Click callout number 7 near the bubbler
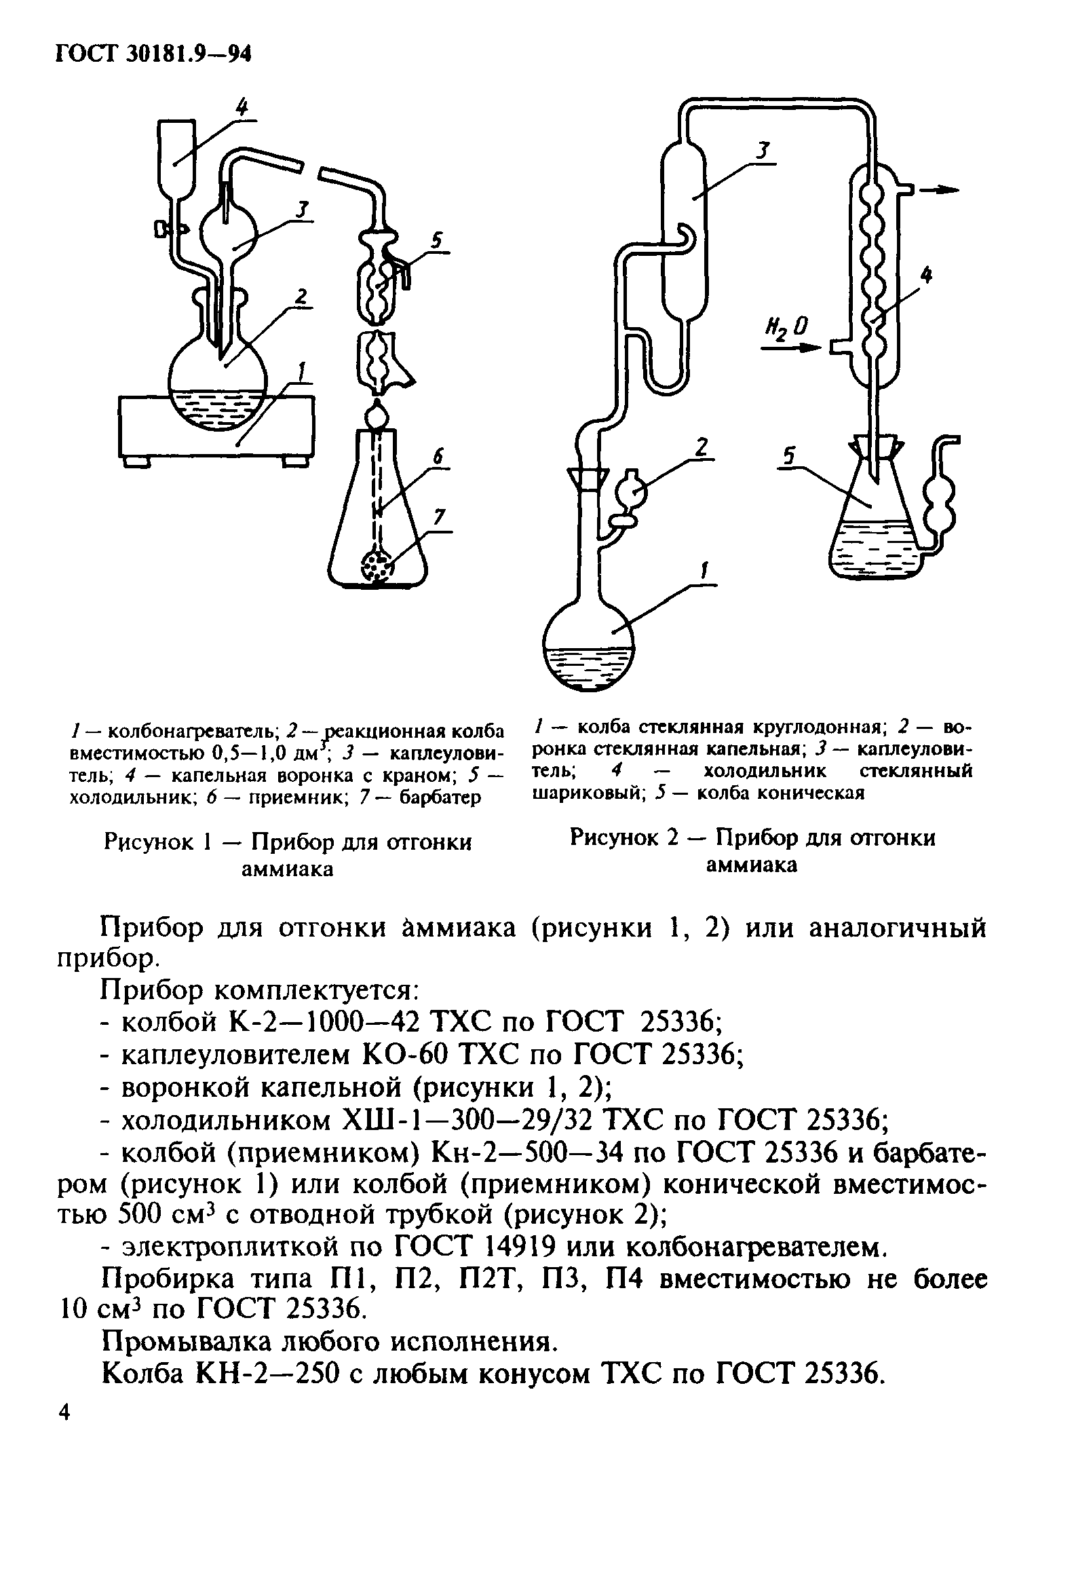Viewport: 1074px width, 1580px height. pos(439,518)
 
